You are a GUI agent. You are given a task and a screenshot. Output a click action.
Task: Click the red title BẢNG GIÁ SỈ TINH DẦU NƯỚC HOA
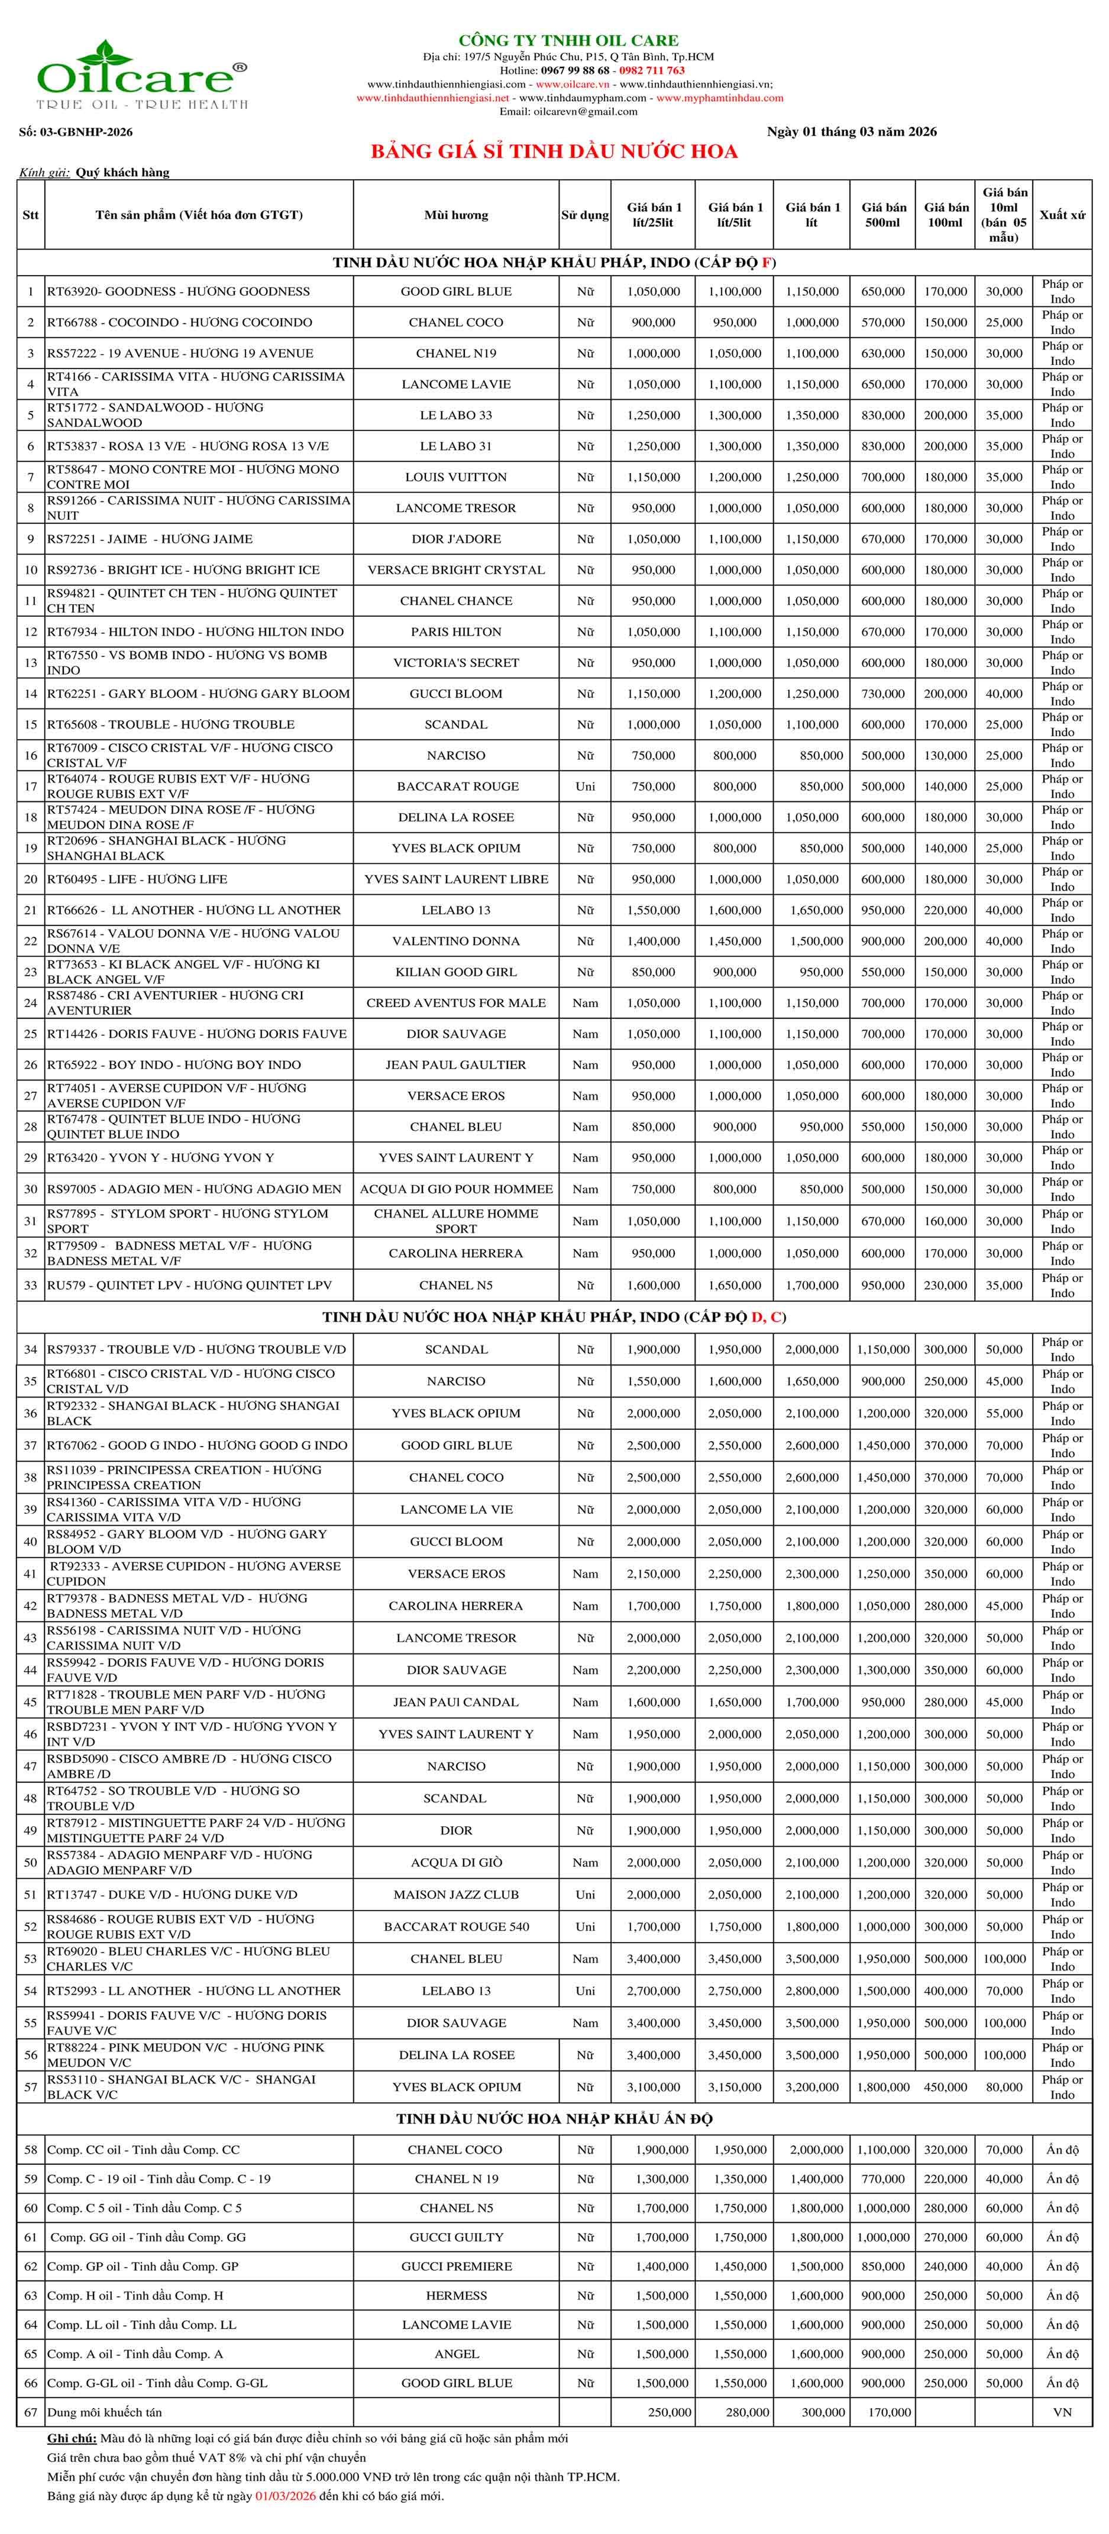(554, 151)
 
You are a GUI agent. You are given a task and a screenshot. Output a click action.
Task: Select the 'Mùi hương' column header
(455, 215)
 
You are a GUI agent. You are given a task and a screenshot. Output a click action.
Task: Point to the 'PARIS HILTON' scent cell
(455, 632)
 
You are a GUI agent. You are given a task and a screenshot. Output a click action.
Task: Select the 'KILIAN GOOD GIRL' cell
(455, 972)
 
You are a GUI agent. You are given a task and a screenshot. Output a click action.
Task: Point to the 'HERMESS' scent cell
(455, 2295)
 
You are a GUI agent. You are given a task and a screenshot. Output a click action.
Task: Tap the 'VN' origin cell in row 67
(1062, 2412)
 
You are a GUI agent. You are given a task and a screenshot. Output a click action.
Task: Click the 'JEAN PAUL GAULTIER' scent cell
(455, 1064)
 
